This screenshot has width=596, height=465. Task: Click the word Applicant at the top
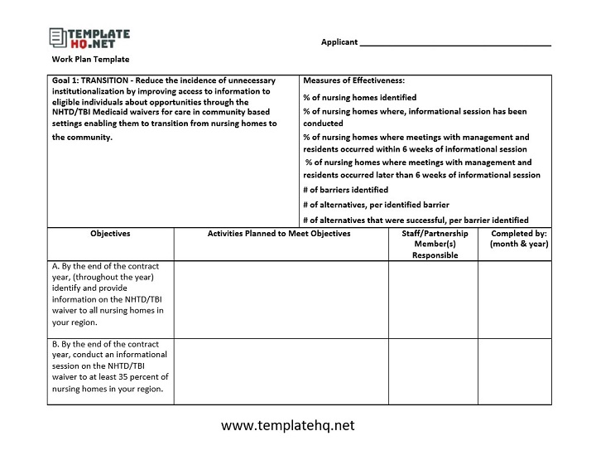point(339,42)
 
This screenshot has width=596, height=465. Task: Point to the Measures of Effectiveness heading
point(353,80)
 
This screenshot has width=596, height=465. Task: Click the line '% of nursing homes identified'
point(359,97)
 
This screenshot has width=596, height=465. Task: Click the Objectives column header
point(110,234)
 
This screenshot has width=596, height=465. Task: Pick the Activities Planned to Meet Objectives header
point(279,234)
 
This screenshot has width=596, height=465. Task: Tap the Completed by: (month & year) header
point(518,239)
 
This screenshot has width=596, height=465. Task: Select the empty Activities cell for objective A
point(281,299)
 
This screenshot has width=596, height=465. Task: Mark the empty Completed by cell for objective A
point(518,299)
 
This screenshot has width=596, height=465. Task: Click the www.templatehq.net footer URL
point(287,425)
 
